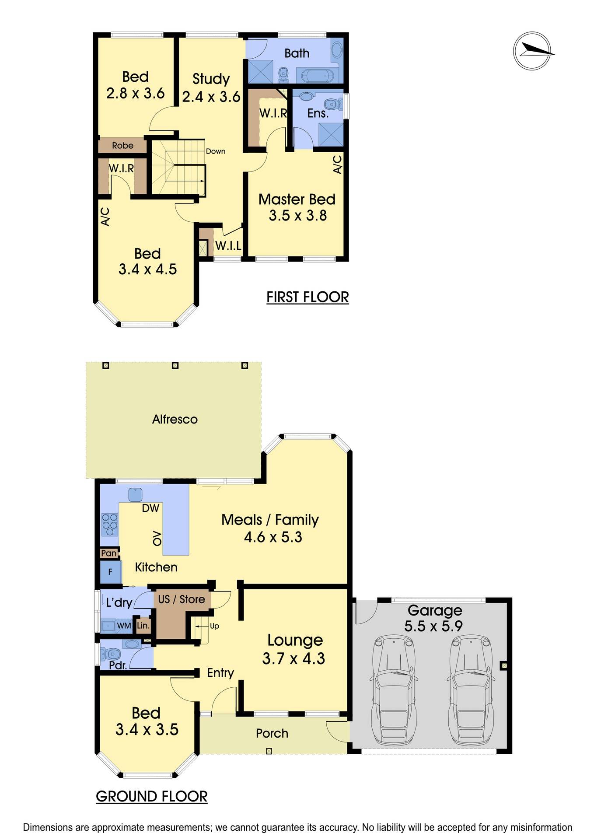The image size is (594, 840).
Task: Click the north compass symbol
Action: tap(532, 51)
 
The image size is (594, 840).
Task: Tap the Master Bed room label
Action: tap(297, 199)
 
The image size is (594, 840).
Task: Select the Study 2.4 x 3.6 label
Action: tap(211, 87)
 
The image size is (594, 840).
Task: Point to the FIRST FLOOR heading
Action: tap(307, 297)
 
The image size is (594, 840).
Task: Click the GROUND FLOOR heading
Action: tap(151, 796)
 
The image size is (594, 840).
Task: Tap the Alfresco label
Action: tap(175, 420)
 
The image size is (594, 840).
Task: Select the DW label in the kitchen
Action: tap(150, 508)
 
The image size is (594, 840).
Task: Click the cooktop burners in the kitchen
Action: tap(110, 524)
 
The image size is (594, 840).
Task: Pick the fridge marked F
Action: tap(110, 572)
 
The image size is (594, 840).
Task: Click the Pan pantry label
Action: tap(108, 553)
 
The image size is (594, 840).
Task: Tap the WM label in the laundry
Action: tap(124, 626)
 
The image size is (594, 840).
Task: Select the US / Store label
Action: tap(181, 599)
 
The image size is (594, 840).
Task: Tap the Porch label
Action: tap(272, 733)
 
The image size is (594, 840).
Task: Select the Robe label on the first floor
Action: tap(122, 146)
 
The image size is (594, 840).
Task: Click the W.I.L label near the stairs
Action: tap(228, 246)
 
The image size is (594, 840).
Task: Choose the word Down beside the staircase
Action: tap(216, 151)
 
